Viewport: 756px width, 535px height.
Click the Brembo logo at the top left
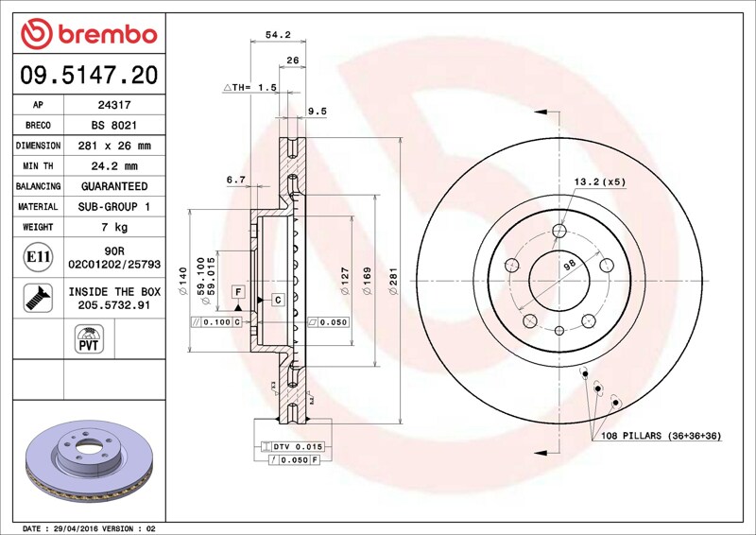pos(89,34)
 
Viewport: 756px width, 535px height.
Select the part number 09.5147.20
pos(89,76)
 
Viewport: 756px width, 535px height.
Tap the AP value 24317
pos(114,105)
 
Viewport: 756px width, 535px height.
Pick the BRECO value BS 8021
pos(114,126)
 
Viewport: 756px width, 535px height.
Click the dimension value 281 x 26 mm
pos(114,146)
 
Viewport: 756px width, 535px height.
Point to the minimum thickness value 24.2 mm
pos(114,166)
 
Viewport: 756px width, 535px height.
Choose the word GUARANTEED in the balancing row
pos(114,186)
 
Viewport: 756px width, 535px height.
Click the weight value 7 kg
pos(114,227)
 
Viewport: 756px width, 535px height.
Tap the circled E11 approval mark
pos(38,257)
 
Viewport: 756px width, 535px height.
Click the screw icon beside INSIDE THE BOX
pos(38,298)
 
